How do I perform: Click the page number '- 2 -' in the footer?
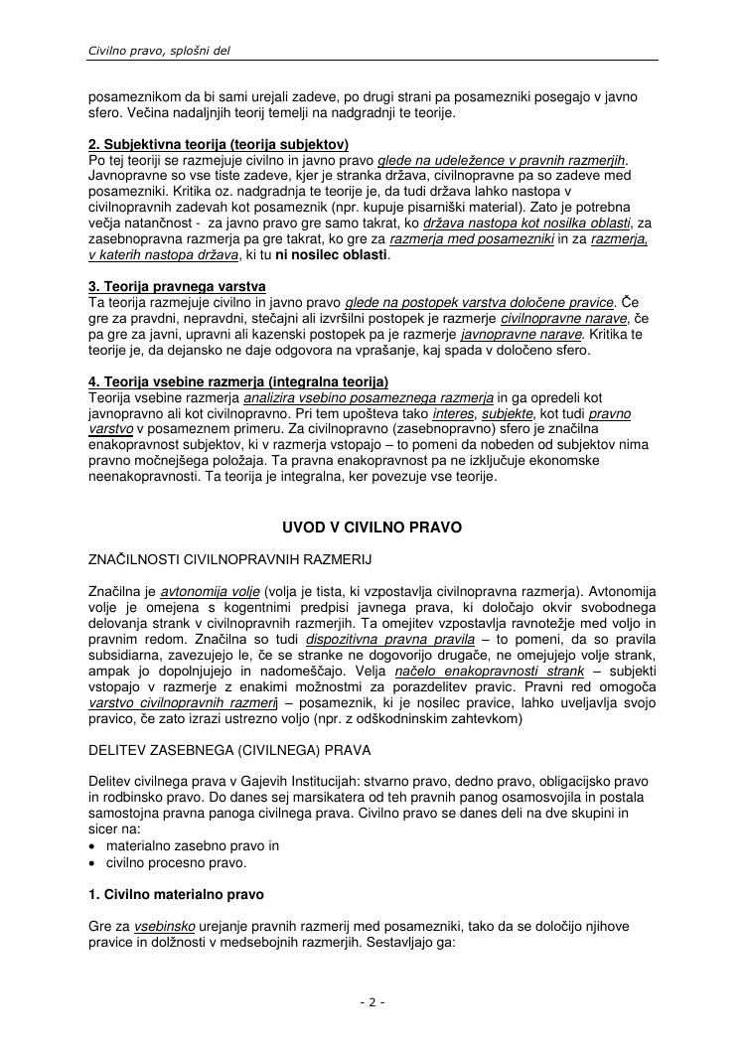(x=372, y=1002)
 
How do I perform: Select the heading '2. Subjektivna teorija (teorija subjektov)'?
(x=219, y=145)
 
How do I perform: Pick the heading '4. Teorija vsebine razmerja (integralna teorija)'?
(x=238, y=381)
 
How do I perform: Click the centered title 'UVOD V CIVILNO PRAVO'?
(x=372, y=527)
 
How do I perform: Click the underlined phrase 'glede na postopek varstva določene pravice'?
(x=480, y=302)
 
